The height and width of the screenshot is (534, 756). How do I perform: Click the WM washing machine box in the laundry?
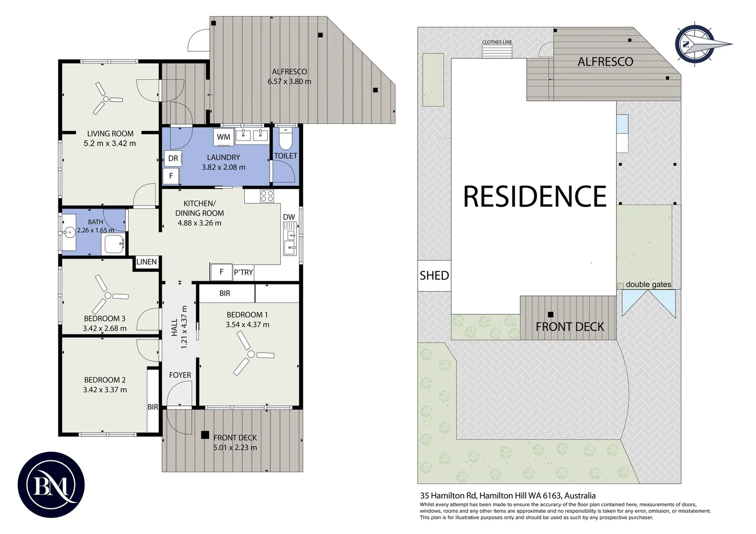(224, 137)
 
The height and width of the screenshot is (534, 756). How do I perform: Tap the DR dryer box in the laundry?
(173, 158)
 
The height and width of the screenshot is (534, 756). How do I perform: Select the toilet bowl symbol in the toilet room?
(286, 138)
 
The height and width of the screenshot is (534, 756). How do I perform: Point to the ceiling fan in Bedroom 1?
(251, 354)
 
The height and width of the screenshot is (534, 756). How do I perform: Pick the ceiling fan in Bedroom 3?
(107, 295)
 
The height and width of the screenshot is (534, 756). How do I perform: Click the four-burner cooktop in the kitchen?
(267, 196)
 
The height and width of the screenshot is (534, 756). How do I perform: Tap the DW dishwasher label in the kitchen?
(289, 217)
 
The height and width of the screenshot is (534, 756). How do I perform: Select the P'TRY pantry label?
(243, 272)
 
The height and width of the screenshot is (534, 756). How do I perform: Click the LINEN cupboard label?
(146, 262)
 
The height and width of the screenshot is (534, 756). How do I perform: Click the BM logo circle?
(51, 485)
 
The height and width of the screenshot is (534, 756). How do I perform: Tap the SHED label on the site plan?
(434, 275)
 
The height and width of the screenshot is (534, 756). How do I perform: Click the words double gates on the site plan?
(648, 284)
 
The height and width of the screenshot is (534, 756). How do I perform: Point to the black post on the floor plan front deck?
(205, 435)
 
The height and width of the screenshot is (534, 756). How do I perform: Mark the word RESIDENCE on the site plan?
(535, 196)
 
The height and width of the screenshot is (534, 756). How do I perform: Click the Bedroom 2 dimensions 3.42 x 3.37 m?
(105, 390)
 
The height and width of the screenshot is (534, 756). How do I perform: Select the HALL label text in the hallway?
(175, 327)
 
